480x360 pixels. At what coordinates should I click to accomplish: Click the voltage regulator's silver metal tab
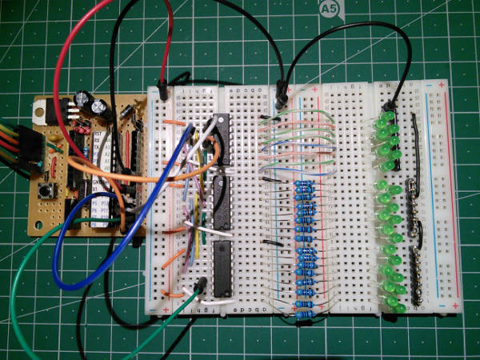click(x=43, y=110)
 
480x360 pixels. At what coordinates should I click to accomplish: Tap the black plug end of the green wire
click(x=199, y=285)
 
